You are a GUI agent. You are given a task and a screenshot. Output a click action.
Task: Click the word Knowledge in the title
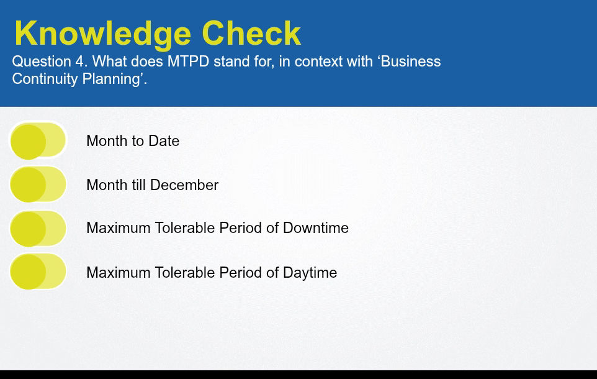pos(102,34)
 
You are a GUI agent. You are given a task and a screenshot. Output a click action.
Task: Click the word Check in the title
pos(251,33)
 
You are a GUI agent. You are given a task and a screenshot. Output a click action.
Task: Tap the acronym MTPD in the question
pos(189,62)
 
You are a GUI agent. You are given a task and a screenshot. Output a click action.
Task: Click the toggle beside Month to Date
pos(38,140)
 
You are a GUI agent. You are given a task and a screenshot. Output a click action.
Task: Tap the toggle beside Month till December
pos(38,185)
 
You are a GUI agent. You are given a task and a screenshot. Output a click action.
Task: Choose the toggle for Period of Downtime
pos(38,229)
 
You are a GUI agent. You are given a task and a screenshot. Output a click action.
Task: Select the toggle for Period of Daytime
pos(38,272)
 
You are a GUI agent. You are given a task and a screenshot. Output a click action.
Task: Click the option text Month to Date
pos(133,140)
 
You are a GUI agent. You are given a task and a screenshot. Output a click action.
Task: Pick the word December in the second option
pos(184,185)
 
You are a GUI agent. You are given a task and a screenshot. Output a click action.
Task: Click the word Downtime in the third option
pos(316,228)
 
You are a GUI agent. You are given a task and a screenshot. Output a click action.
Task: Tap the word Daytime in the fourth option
pos(310,273)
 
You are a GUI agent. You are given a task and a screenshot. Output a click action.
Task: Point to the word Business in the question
pos(410,62)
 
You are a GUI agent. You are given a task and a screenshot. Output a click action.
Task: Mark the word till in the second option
pos(139,185)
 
